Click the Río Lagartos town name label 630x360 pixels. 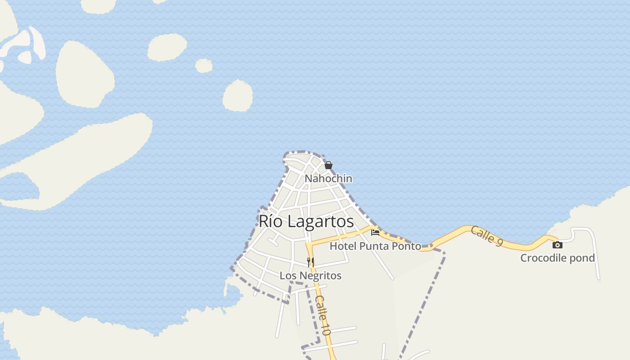[306, 221]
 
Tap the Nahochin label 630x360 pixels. [328, 179]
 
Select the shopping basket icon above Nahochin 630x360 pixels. [328, 165]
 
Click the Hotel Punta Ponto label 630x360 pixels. [375, 246]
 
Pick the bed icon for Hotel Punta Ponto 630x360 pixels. [375, 233]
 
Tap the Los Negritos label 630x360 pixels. [310, 275]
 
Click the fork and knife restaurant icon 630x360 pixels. [310, 262]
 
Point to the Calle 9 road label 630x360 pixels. [486, 236]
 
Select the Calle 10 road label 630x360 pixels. [323, 315]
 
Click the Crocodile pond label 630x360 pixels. [558, 258]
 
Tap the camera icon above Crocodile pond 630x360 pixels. [558, 245]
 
